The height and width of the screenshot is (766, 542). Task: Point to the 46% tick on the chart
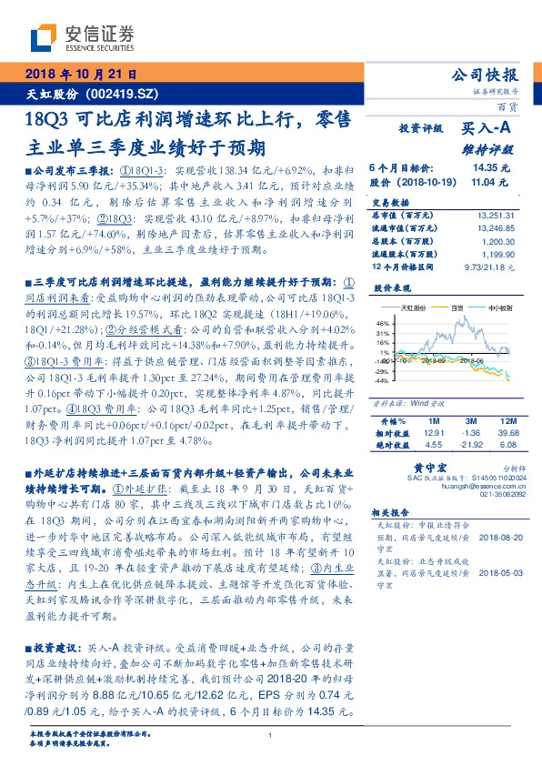(383, 322)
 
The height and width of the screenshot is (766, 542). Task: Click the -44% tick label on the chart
(381, 380)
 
